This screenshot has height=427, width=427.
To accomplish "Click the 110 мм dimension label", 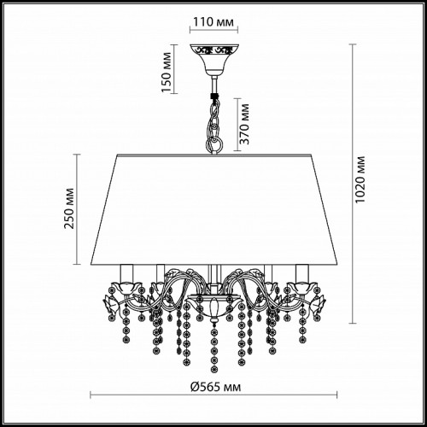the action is click(x=213, y=22).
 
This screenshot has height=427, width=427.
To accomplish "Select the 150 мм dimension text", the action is click(x=167, y=73).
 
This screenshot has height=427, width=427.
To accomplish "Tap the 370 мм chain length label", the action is click(x=244, y=124).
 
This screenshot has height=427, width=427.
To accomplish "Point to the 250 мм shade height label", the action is click(x=69, y=208).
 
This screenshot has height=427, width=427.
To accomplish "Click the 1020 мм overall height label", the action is click(x=360, y=179).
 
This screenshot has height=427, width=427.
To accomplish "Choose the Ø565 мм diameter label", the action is click(x=215, y=387).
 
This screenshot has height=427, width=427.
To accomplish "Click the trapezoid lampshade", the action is click(x=213, y=210).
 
